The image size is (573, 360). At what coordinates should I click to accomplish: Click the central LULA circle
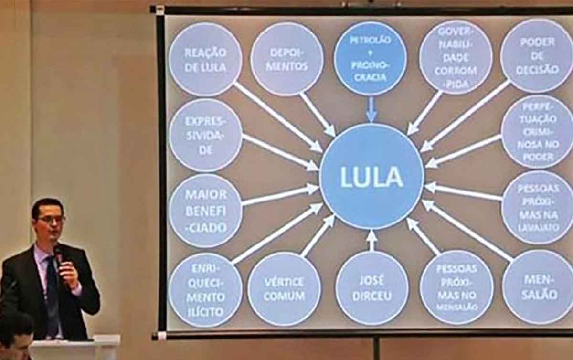pyautogui.click(x=371, y=177)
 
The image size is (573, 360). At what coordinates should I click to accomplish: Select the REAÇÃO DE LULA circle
pyautogui.click(x=205, y=60)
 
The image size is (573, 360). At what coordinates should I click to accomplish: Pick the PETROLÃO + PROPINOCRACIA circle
pyautogui.click(x=371, y=58)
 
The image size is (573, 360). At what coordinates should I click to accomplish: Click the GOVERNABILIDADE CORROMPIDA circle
pyautogui.click(x=455, y=57)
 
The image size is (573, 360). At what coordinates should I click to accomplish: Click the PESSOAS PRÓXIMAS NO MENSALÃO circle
pyautogui.click(x=456, y=287)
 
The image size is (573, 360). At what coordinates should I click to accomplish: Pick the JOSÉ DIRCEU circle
pyautogui.click(x=371, y=288)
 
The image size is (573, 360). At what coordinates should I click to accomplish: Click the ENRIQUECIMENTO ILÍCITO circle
pyautogui.click(x=205, y=290)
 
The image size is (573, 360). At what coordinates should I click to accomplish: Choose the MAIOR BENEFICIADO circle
pyautogui.click(x=205, y=210)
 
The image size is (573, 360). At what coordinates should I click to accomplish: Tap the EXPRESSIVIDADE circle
pyautogui.click(x=205, y=135)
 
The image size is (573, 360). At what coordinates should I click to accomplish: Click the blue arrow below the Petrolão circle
pyautogui.click(x=371, y=110)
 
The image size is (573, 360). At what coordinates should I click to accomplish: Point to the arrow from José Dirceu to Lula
pyautogui.click(x=371, y=240)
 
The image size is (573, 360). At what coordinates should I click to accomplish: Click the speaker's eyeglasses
pyautogui.click(x=52, y=219)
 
